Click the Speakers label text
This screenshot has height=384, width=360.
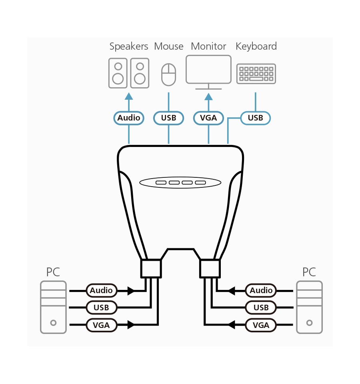[x=129, y=46]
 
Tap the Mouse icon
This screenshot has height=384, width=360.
[x=168, y=74]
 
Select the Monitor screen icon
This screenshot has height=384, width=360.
[x=208, y=72]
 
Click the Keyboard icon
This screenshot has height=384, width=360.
[x=256, y=74]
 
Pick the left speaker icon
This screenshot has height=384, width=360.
[x=118, y=73]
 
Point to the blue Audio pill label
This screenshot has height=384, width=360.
[x=129, y=118]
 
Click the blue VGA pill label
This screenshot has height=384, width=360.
[x=208, y=118]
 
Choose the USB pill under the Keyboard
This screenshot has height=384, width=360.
[x=256, y=118]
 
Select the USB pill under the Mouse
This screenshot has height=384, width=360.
[x=168, y=118]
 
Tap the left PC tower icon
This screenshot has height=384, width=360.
[x=53, y=307]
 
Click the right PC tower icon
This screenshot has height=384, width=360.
[x=309, y=307]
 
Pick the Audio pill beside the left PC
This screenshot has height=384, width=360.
[x=101, y=290]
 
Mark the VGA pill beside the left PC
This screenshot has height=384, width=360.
[x=101, y=325]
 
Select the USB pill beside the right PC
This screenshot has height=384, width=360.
[x=261, y=308]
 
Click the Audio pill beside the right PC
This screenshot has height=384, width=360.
[x=261, y=290]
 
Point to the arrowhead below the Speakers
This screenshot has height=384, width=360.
[x=129, y=96]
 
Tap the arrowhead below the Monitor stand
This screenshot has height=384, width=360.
[x=208, y=97]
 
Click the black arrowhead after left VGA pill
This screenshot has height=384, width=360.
[x=131, y=325]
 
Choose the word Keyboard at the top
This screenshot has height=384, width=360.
[x=256, y=46]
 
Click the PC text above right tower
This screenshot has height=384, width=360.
[x=309, y=272]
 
